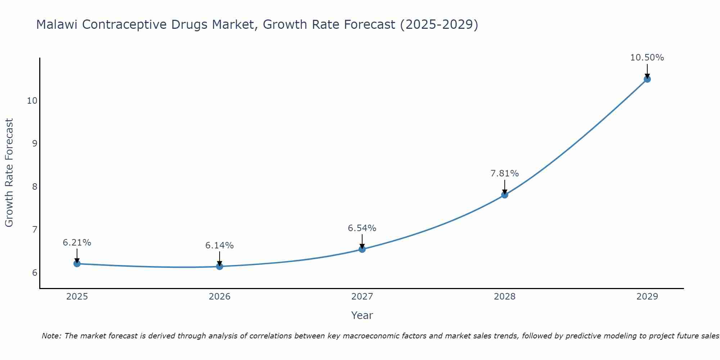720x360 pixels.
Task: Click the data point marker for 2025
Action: coord(77,264)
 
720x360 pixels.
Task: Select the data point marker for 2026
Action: coord(220,266)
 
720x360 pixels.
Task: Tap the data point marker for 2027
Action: coord(362,249)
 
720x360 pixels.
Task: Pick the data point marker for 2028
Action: coord(505,195)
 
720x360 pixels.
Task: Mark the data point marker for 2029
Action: coord(647,79)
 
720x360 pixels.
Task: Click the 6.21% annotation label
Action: coord(77,243)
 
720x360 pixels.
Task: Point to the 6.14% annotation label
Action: coord(220,246)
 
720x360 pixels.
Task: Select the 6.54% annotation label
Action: coord(362,228)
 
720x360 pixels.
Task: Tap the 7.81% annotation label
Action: coord(505,174)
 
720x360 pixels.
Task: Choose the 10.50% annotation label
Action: coord(647,58)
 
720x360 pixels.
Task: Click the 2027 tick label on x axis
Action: coord(362,297)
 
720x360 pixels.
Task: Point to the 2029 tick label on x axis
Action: coord(647,297)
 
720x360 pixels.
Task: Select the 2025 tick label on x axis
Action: coord(77,297)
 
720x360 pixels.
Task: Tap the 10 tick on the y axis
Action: coord(32,100)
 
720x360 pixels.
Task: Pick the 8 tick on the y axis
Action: coord(35,186)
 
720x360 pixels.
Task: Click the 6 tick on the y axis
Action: coord(35,273)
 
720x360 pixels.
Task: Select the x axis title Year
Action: coord(362,315)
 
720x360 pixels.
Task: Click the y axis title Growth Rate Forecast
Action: coord(9,173)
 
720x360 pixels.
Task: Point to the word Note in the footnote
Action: coord(52,336)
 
